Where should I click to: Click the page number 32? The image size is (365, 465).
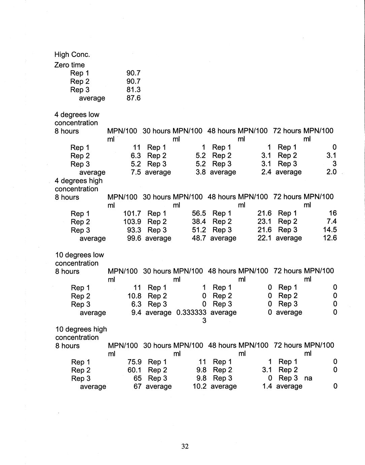[185, 446]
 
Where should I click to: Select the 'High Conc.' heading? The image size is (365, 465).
[72, 55]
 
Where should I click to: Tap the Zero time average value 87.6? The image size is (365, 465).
[133, 98]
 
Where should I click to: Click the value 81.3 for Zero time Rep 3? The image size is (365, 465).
[133, 90]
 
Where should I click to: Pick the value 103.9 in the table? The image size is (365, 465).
[132, 222]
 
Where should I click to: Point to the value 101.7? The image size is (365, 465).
[132, 213]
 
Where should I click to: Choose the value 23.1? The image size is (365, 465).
[264, 222]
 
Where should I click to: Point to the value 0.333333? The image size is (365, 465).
[191, 313]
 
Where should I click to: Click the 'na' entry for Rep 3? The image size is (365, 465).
[308, 378]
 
